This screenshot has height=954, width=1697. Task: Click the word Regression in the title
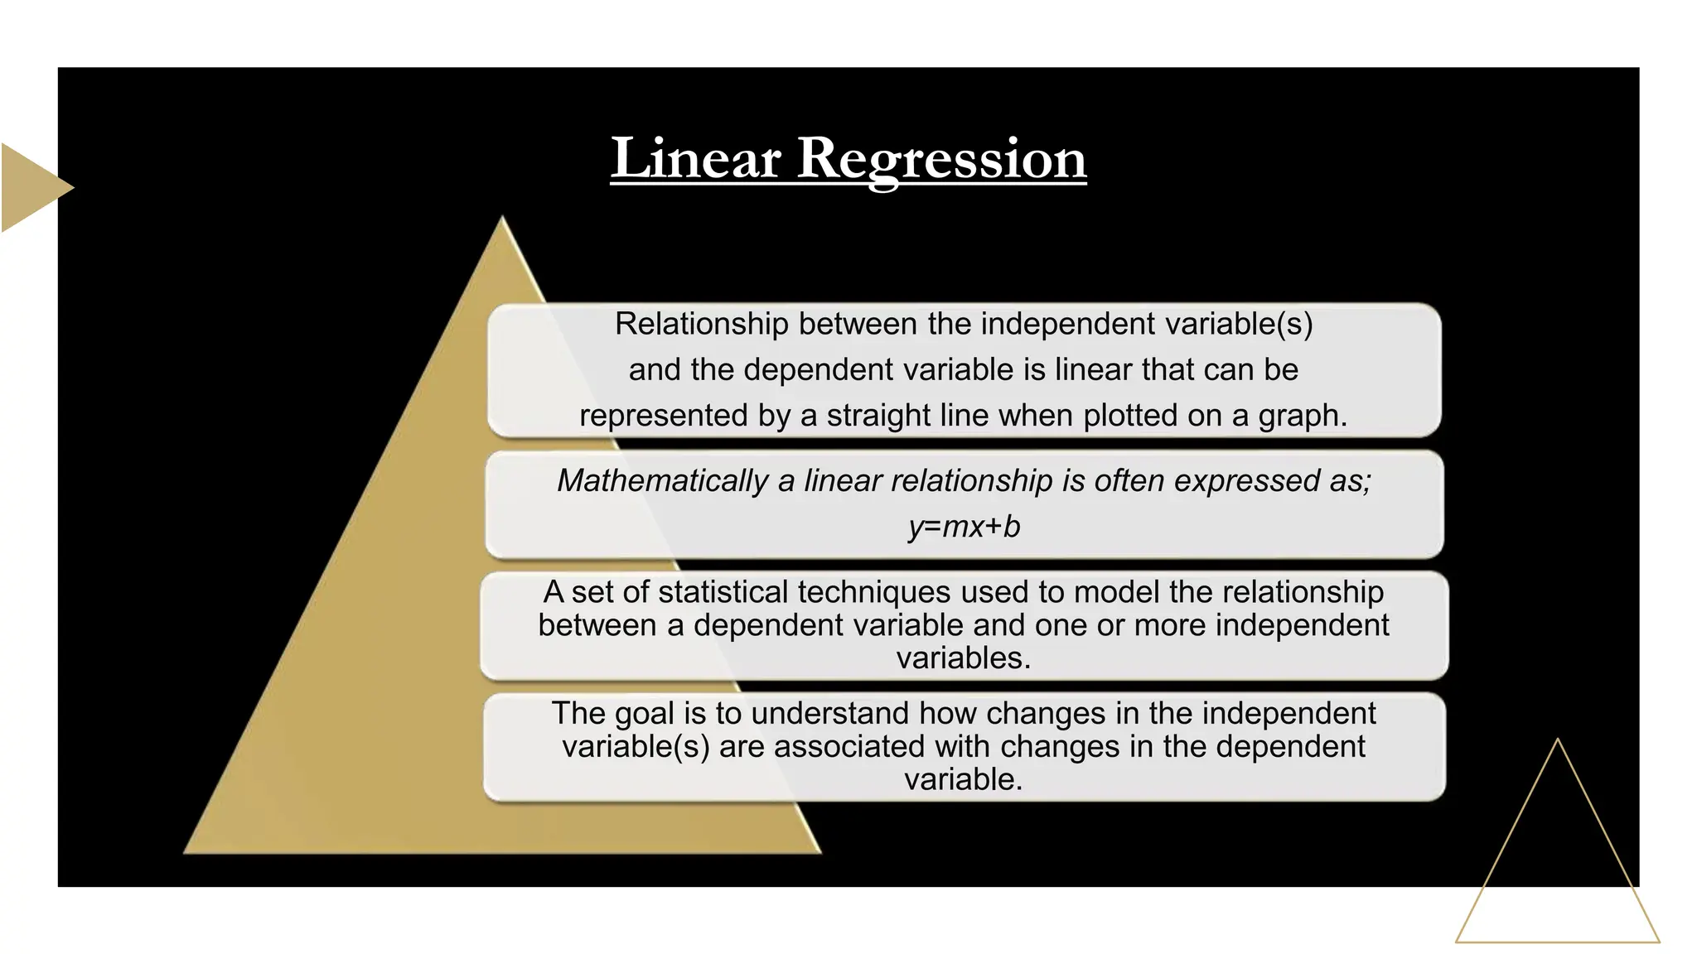[941, 159]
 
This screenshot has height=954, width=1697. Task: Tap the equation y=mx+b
[964, 527]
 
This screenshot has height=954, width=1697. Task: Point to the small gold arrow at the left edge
[33, 187]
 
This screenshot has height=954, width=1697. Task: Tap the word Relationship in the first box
[701, 324]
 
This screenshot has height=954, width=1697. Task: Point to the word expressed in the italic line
[1247, 481]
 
